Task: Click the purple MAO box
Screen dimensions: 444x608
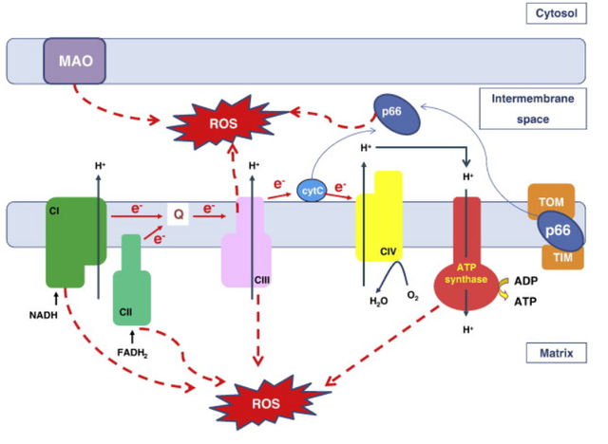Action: [74, 63]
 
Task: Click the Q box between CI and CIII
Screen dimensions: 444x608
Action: [178, 214]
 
